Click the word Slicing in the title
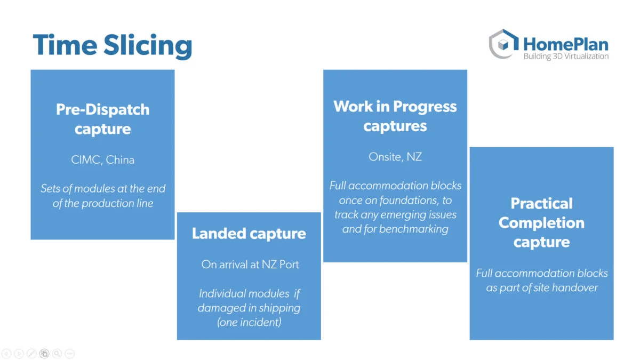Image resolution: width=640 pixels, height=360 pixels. click(x=147, y=46)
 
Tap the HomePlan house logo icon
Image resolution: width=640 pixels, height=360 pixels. click(x=503, y=44)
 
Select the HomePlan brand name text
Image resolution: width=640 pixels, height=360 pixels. click(x=566, y=45)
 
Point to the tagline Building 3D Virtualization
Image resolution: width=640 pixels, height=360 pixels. click(x=566, y=57)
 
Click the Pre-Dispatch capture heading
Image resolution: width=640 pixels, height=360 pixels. click(x=102, y=119)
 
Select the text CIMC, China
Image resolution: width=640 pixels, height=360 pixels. click(x=102, y=159)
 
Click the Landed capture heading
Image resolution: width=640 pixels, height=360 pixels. click(x=249, y=234)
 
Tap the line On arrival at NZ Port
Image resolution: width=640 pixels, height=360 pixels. click(x=250, y=265)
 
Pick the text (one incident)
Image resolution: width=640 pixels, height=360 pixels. click(x=249, y=322)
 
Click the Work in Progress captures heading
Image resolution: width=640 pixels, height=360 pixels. click(x=395, y=116)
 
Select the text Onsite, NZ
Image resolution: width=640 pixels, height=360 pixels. click(x=395, y=157)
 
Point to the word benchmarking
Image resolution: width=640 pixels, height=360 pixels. click(x=414, y=229)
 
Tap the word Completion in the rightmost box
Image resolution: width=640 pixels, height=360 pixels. click(x=541, y=223)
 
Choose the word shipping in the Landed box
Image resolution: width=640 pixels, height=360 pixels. click(x=279, y=308)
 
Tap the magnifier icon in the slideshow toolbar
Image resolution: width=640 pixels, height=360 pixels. click(x=57, y=354)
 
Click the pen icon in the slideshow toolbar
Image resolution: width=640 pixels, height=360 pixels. click(x=31, y=354)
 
